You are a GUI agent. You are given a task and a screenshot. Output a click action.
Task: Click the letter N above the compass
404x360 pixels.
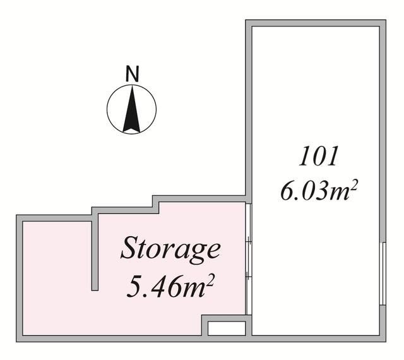[131, 74]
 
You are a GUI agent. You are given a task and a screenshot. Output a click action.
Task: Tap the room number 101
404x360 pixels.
[319, 157]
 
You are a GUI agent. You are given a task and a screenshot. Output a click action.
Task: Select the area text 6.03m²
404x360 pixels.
[319, 189]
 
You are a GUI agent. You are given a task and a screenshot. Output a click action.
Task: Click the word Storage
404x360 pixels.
[170, 249]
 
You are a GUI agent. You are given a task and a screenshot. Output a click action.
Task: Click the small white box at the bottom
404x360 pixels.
[226, 328]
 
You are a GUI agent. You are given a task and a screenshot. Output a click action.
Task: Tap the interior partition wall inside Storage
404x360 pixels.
[95, 253]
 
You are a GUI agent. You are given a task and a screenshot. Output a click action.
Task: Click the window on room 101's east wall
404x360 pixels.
[383, 272]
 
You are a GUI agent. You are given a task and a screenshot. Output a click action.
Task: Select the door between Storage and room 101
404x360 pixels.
[249, 259]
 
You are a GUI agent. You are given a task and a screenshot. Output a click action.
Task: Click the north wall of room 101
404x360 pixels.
[316, 23]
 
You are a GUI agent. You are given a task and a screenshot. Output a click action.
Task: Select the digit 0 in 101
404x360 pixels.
[319, 157]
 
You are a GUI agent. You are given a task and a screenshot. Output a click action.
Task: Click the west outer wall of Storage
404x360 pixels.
[20, 278]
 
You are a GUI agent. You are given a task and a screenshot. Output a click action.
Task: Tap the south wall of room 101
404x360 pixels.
[316, 338]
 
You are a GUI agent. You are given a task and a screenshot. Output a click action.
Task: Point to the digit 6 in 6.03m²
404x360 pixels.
[288, 190]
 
